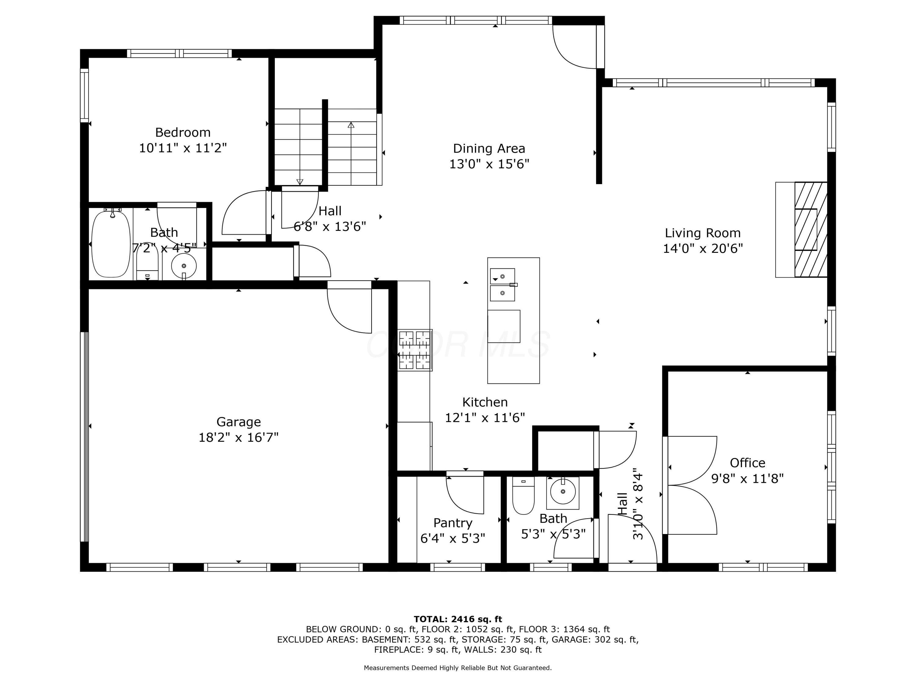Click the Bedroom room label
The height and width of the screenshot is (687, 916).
tap(183, 133)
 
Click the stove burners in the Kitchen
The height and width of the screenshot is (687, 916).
tap(415, 350)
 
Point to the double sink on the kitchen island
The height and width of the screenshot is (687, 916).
tap(503, 285)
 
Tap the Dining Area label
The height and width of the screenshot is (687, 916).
tap(489, 148)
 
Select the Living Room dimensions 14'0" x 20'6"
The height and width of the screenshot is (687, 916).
tap(703, 249)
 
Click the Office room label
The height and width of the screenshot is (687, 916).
tap(747, 463)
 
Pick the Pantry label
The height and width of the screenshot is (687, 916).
tap(453, 523)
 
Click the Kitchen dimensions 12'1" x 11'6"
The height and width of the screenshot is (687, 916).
tap(485, 417)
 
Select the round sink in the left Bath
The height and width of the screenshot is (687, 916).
tap(184, 266)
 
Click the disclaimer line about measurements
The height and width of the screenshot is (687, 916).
tap(458, 667)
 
